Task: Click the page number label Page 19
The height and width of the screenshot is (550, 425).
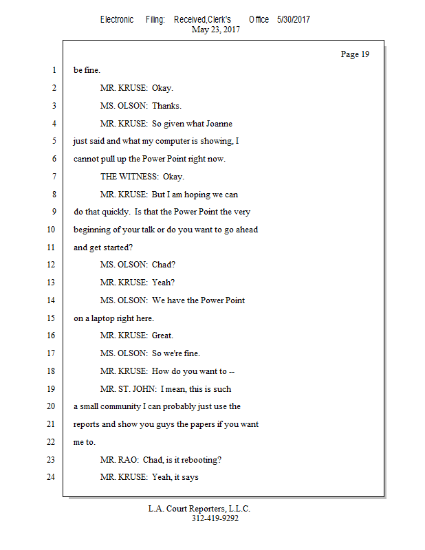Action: click(355, 54)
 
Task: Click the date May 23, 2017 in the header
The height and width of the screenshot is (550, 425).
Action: click(216, 30)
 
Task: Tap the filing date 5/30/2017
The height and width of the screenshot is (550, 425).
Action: click(294, 19)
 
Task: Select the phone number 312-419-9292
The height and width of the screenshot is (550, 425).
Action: click(215, 518)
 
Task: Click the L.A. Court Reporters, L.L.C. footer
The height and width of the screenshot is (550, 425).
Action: click(199, 509)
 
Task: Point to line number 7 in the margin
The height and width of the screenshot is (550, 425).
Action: click(53, 177)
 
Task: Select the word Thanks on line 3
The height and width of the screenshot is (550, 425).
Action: click(166, 106)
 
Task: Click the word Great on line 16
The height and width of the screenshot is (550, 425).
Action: click(162, 336)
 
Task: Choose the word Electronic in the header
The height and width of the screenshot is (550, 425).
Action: click(117, 19)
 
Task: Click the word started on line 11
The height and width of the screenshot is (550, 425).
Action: click(117, 247)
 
